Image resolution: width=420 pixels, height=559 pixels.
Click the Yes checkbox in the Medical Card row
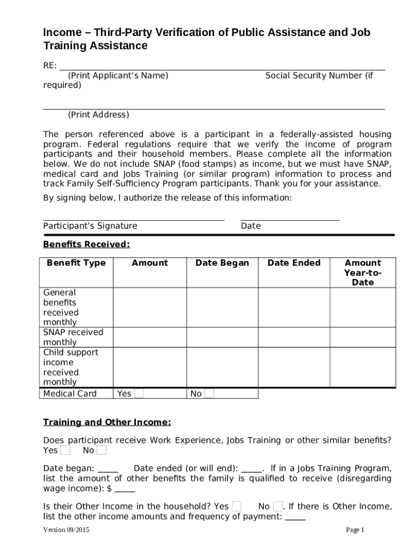pyautogui.click(x=139, y=394)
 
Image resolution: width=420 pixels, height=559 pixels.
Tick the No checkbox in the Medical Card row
pyautogui.click(x=209, y=394)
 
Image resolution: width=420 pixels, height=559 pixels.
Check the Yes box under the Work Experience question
pyautogui.click(x=65, y=450)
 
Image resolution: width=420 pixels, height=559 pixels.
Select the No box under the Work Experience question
pyautogui.click(x=101, y=450)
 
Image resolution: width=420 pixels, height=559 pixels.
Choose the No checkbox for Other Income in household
pyautogui.click(x=278, y=506)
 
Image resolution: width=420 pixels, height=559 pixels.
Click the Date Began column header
pyautogui.click(x=222, y=263)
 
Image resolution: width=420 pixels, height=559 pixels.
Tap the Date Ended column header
pyautogui.click(x=293, y=263)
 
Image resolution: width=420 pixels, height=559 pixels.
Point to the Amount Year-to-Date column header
pyautogui.click(x=363, y=272)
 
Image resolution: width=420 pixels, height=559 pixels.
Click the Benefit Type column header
pyautogui.click(x=76, y=263)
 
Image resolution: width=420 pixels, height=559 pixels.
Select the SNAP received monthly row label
pyautogui.click(x=73, y=337)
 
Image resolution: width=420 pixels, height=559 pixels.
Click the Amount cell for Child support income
pyautogui.click(x=150, y=367)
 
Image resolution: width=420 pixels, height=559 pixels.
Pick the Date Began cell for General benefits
pyautogui.click(x=222, y=307)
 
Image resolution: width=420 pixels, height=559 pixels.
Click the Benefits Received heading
pyautogui.click(x=86, y=244)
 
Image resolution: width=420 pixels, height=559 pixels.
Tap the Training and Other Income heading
pyautogui.click(x=107, y=423)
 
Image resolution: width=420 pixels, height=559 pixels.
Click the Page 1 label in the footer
pyautogui.click(x=355, y=530)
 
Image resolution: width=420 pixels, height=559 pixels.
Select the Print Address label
pyautogui.click(x=98, y=115)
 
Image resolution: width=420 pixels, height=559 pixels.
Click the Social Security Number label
pyautogui.click(x=319, y=75)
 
